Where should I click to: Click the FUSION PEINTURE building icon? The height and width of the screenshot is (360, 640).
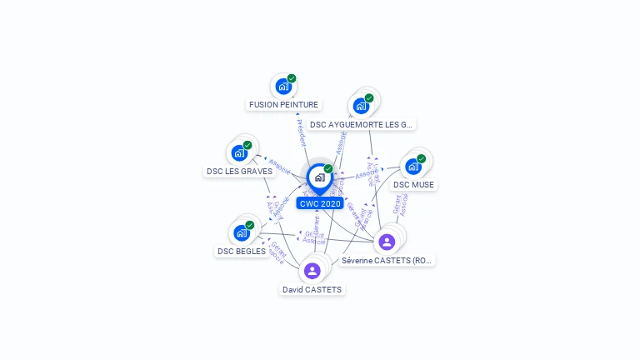[x=283, y=87]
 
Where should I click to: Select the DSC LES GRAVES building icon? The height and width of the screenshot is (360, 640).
[x=239, y=153]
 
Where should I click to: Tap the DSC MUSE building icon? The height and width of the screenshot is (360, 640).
[x=412, y=167]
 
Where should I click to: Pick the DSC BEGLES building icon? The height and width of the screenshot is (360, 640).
[x=241, y=233]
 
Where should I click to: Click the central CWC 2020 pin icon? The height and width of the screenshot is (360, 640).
[x=319, y=177]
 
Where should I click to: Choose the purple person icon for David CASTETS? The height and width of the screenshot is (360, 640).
[x=312, y=271]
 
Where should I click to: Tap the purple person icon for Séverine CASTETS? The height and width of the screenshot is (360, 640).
[x=387, y=242]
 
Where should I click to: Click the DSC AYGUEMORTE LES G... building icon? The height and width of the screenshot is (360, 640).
[x=361, y=106]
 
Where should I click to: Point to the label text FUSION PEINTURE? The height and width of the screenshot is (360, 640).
[x=283, y=105]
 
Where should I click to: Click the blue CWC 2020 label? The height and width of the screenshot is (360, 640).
[x=320, y=203]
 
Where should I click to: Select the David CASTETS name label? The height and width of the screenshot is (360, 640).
[x=312, y=290]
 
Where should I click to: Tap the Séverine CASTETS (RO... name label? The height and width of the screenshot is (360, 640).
[x=387, y=261]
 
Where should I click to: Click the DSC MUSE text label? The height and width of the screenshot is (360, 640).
[x=413, y=185]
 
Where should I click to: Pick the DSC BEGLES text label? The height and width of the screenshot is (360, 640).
[x=242, y=252]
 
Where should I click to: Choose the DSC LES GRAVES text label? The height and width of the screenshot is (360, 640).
[x=239, y=172]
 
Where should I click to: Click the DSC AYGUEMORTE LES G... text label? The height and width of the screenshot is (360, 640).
[x=360, y=125]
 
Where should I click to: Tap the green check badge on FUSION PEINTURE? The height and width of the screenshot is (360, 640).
[x=292, y=78]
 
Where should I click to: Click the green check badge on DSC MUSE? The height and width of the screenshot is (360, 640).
[x=421, y=158]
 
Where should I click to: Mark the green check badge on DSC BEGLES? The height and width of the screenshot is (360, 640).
[x=249, y=225]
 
